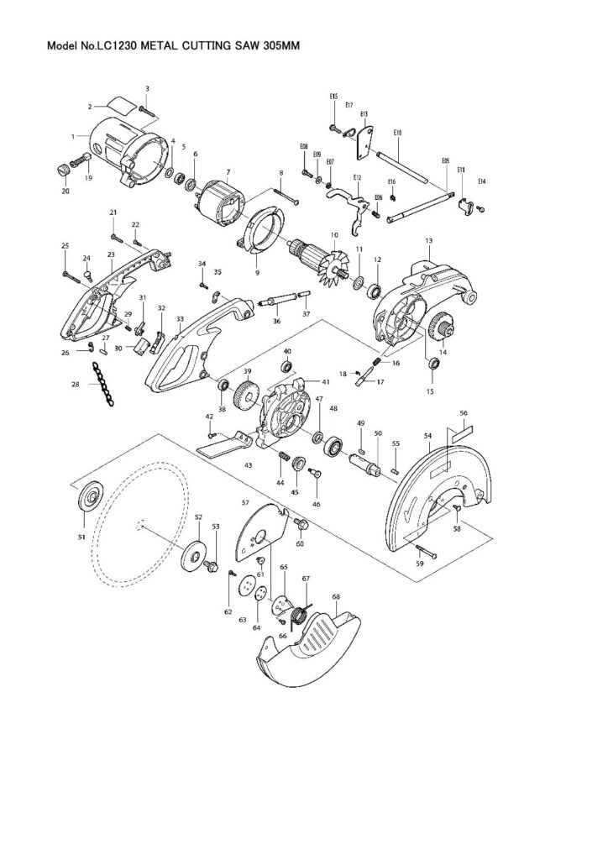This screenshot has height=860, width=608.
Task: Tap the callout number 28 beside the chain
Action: click(75, 384)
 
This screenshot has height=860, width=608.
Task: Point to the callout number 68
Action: click(336, 597)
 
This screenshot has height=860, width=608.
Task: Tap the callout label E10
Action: click(397, 133)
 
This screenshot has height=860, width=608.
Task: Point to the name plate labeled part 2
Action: click(118, 105)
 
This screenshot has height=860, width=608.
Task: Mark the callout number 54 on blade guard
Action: click(427, 436)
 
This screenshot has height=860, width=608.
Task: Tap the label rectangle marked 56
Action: click(462, 435)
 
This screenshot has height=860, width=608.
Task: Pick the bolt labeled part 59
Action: click(424, 549)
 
